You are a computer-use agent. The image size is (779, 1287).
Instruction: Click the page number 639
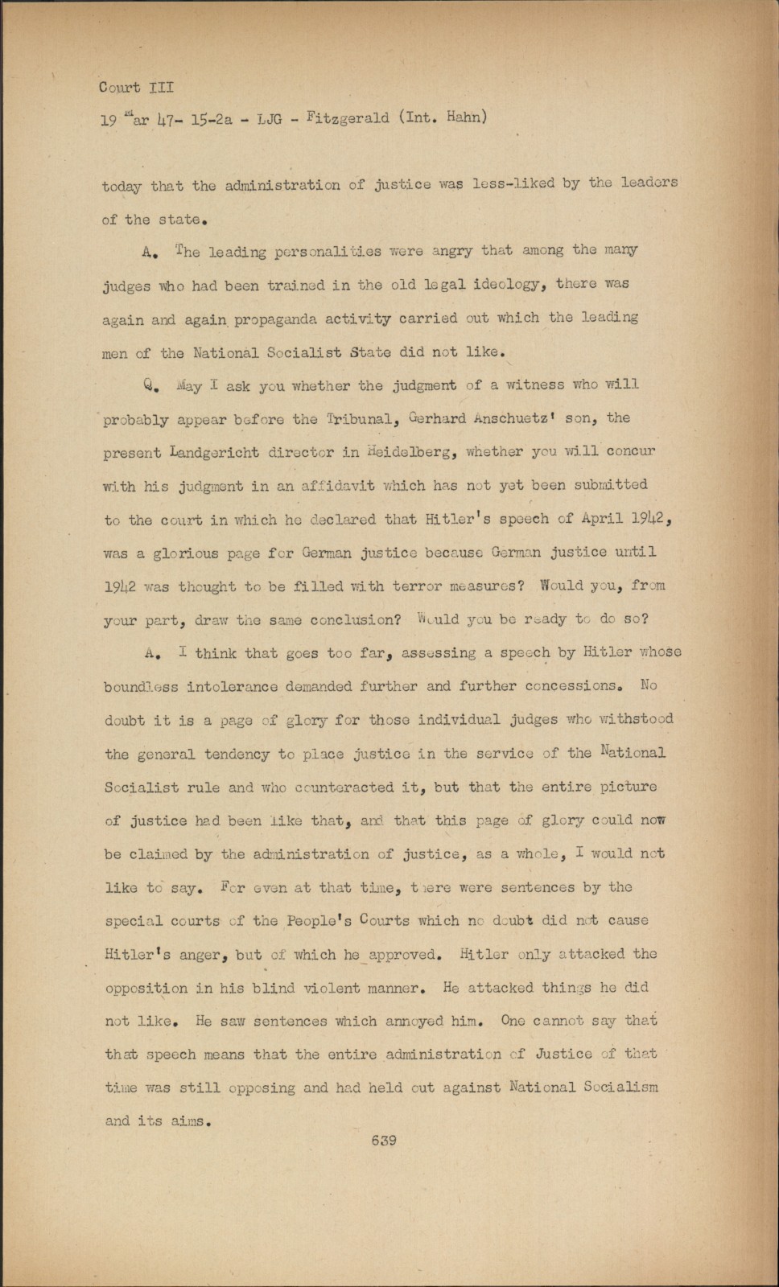point(384,1140)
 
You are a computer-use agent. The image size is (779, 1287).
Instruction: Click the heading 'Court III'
point(135,87)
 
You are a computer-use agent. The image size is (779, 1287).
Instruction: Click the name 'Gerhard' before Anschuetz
point(439,418)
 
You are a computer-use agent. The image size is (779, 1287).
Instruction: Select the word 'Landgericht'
point(213,453)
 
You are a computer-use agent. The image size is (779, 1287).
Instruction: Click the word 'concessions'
point(571,687)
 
